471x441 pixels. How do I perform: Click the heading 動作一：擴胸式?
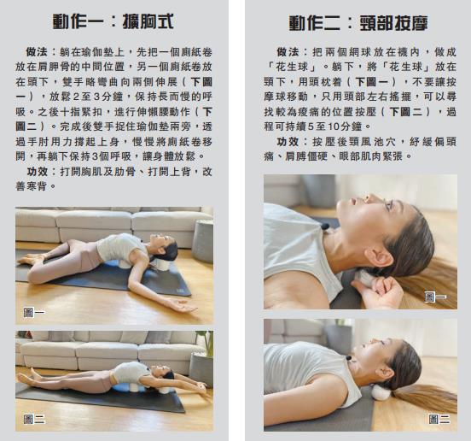(x=113, y=21)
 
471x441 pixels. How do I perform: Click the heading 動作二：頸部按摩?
(x=358, y=23)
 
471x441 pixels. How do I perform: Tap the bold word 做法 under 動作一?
(x=37, y=52)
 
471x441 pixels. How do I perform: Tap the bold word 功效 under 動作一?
(x=38, y=172)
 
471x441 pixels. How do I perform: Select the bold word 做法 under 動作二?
(x=288, y=52)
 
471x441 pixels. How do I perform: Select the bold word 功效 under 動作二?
(x=288, y=141)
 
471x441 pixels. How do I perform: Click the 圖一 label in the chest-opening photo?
(x=34, y=312)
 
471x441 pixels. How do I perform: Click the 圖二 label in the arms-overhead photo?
(x=34, y=419)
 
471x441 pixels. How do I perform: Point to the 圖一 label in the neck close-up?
(x=435, y=297)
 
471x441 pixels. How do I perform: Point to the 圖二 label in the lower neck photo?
(x=439, y=419)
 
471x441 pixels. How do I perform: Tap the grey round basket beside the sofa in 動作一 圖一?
(x=203, y=242)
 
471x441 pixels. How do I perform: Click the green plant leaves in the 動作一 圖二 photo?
(x=205, y=344)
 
